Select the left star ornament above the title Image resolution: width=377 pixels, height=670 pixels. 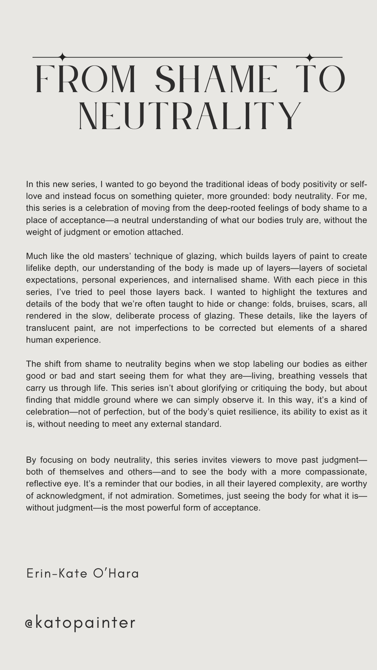pos(63,57)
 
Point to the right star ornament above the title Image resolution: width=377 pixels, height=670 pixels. pos(310,57)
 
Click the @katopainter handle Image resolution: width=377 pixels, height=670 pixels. pos(80,623)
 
